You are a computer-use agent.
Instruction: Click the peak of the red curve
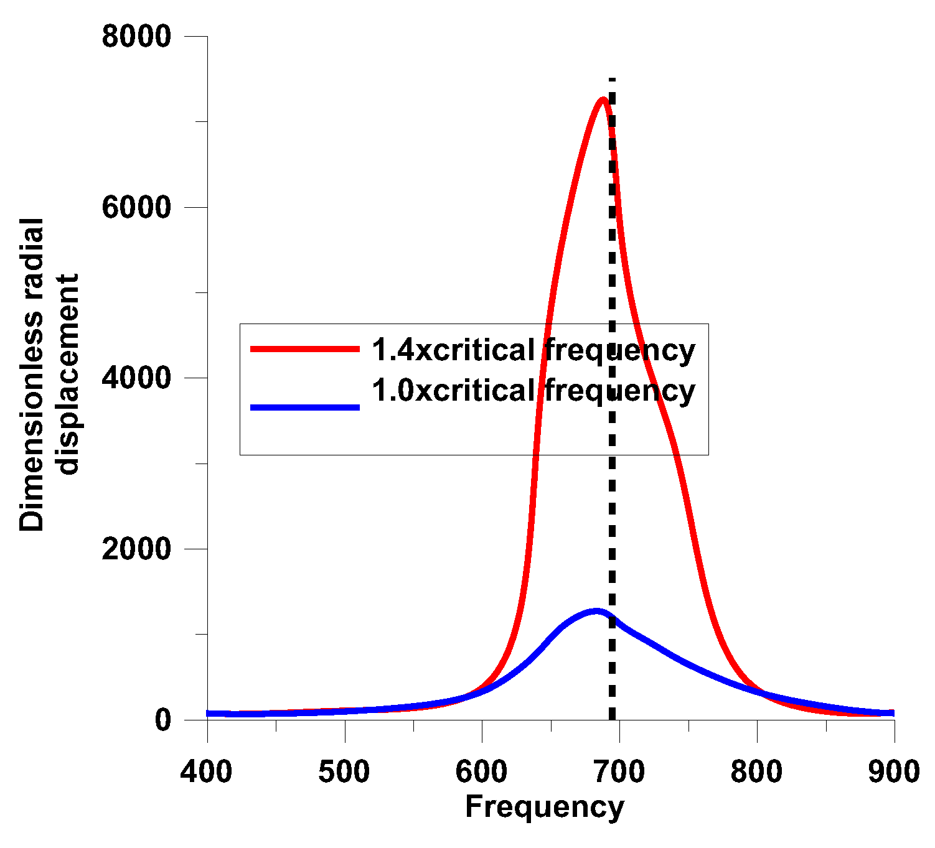point(602,100)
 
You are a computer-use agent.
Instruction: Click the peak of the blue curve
point(596,612)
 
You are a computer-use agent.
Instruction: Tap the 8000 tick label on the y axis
point(136,37)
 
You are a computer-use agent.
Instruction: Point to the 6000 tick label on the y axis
point(136,207)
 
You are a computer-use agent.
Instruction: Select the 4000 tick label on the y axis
point(136,378)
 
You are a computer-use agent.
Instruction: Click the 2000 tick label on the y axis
point(136,549)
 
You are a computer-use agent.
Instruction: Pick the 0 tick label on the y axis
point(162,720)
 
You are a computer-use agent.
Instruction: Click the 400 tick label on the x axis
point(207,772)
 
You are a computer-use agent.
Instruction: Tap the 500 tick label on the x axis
point(344,772)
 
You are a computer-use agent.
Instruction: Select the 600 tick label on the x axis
point(482,772)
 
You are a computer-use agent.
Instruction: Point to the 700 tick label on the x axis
point(619,772)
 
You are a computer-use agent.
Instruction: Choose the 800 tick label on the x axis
point(756,772)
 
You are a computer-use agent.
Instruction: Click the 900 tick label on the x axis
point(893,772)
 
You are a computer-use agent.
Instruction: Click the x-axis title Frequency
point(545,808)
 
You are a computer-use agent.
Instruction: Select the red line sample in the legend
point(305,349)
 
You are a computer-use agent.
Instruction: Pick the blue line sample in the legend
point(305,408)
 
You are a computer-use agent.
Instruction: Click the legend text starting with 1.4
point(533,350)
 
